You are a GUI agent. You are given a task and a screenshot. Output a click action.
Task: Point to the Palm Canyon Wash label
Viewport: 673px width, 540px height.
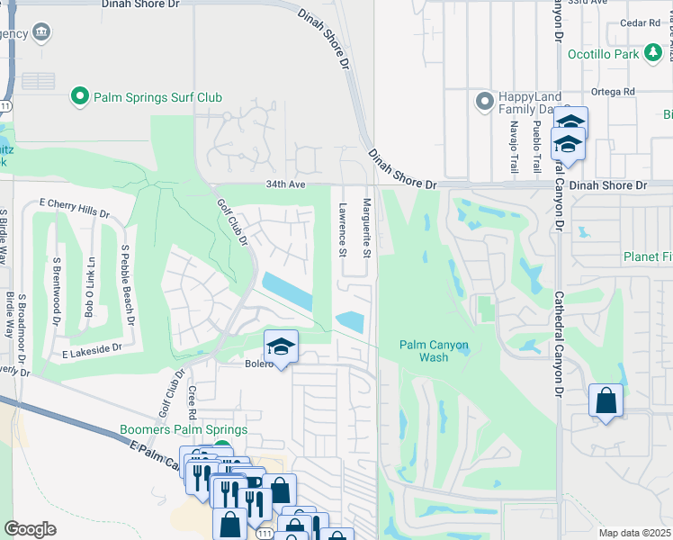click(x=435, y=350)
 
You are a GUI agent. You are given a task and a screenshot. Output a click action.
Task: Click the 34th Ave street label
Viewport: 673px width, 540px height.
click(x=286, y=184)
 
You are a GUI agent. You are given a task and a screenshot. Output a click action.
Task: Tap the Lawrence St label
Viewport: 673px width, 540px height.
click(x=343, y=229)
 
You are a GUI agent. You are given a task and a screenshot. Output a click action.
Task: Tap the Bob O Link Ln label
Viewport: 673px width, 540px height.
click(x=90, y=288)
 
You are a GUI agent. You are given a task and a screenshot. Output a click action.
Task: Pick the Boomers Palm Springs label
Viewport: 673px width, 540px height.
click(x=183, y=430)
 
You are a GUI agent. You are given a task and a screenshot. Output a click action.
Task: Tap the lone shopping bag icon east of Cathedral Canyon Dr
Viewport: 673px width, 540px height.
click(x=606, y=400)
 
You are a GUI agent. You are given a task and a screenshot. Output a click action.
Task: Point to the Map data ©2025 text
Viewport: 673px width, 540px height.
click(x=634, y=533)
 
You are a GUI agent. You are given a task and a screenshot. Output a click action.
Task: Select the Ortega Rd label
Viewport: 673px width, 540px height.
click(x=613, y=92)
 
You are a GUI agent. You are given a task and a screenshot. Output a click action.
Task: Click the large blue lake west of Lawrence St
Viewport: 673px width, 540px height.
click(x=286, y=291)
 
